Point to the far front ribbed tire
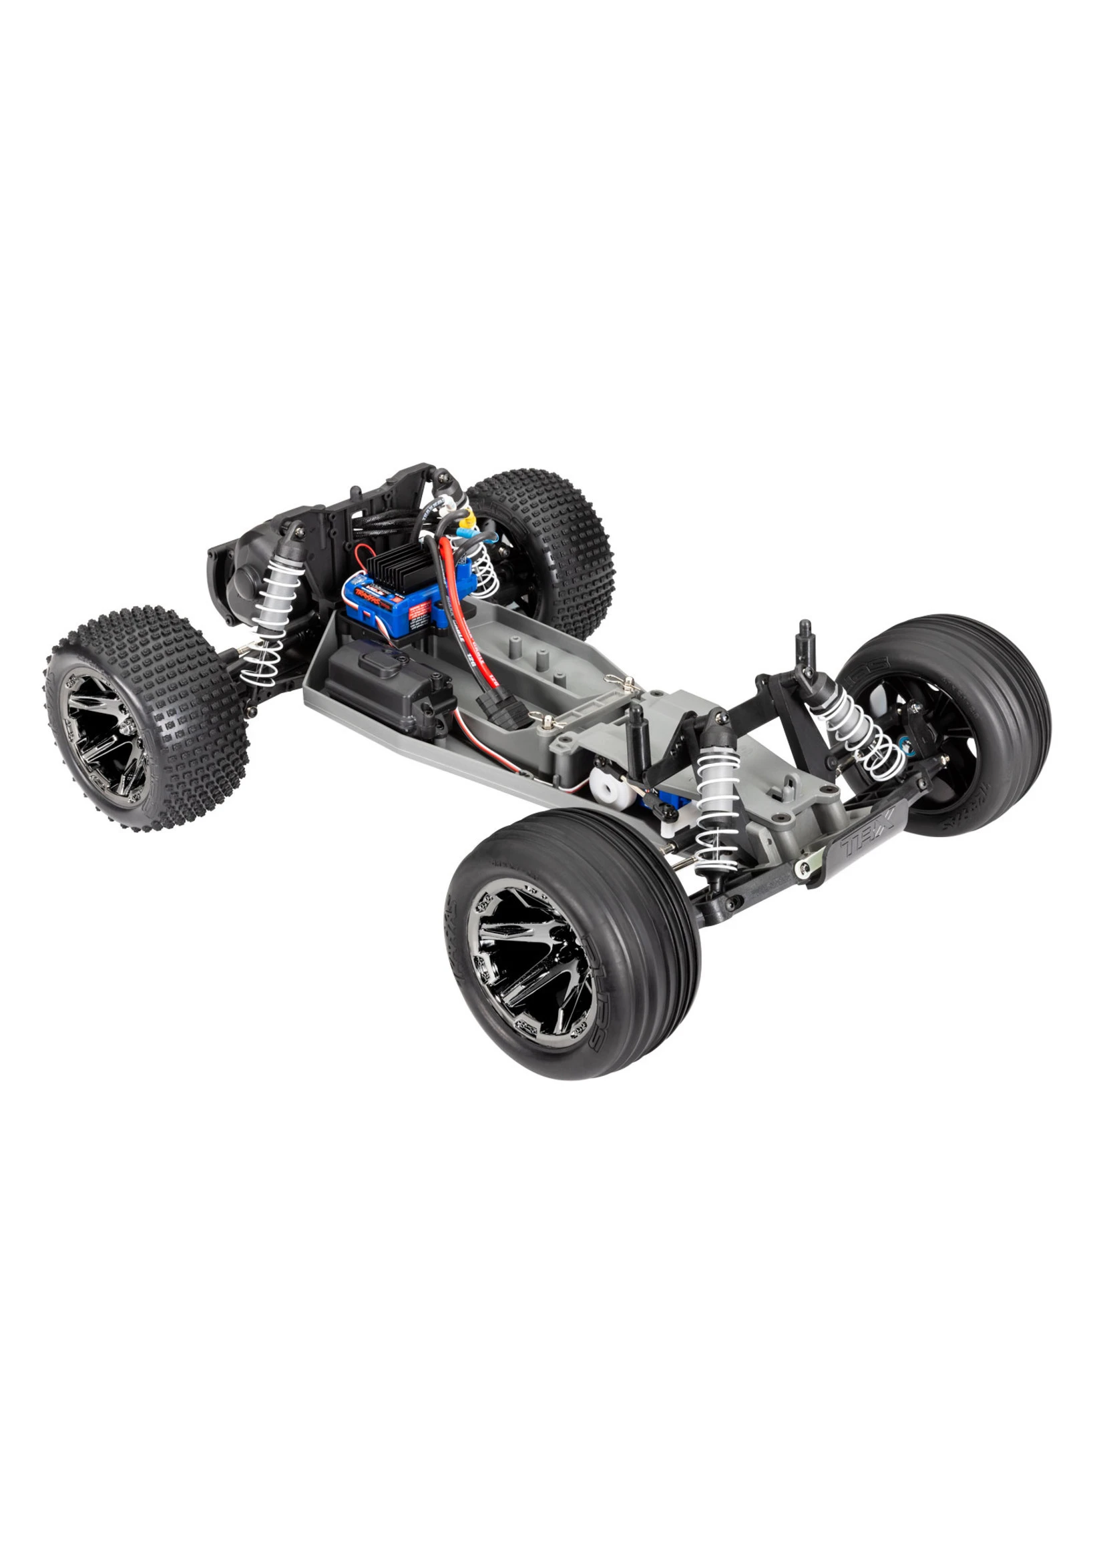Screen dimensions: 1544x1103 coord(951,720)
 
